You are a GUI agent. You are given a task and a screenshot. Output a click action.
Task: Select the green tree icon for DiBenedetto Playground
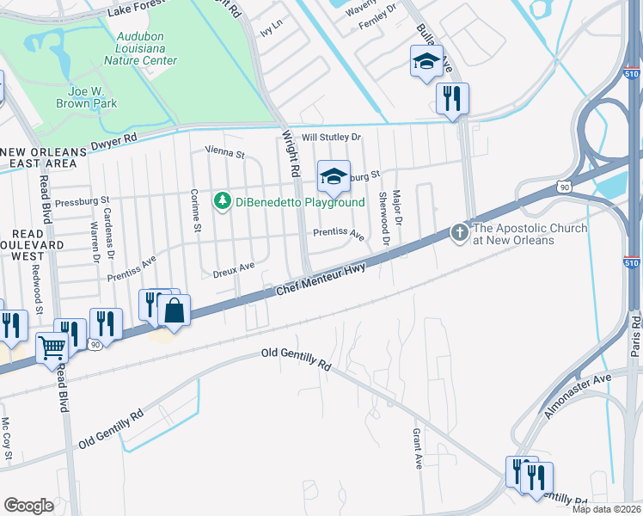tap(224, 201)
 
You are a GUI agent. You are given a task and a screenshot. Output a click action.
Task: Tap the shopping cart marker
tap(52, 347)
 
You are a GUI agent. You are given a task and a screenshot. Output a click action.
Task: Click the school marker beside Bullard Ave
tap(426, 61)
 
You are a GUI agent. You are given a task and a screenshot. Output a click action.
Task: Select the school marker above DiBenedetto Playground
tap(334, 176)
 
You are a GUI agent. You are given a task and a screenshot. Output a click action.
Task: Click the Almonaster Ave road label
tap(577, 396)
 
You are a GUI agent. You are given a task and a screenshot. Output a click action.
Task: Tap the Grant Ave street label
tap(418, 448)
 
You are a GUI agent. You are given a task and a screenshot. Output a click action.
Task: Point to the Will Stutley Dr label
tap(332, 137)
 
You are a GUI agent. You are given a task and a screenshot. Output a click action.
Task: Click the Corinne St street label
tap(196, 211)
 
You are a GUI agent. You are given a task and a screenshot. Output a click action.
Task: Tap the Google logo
tap(29, 505)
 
